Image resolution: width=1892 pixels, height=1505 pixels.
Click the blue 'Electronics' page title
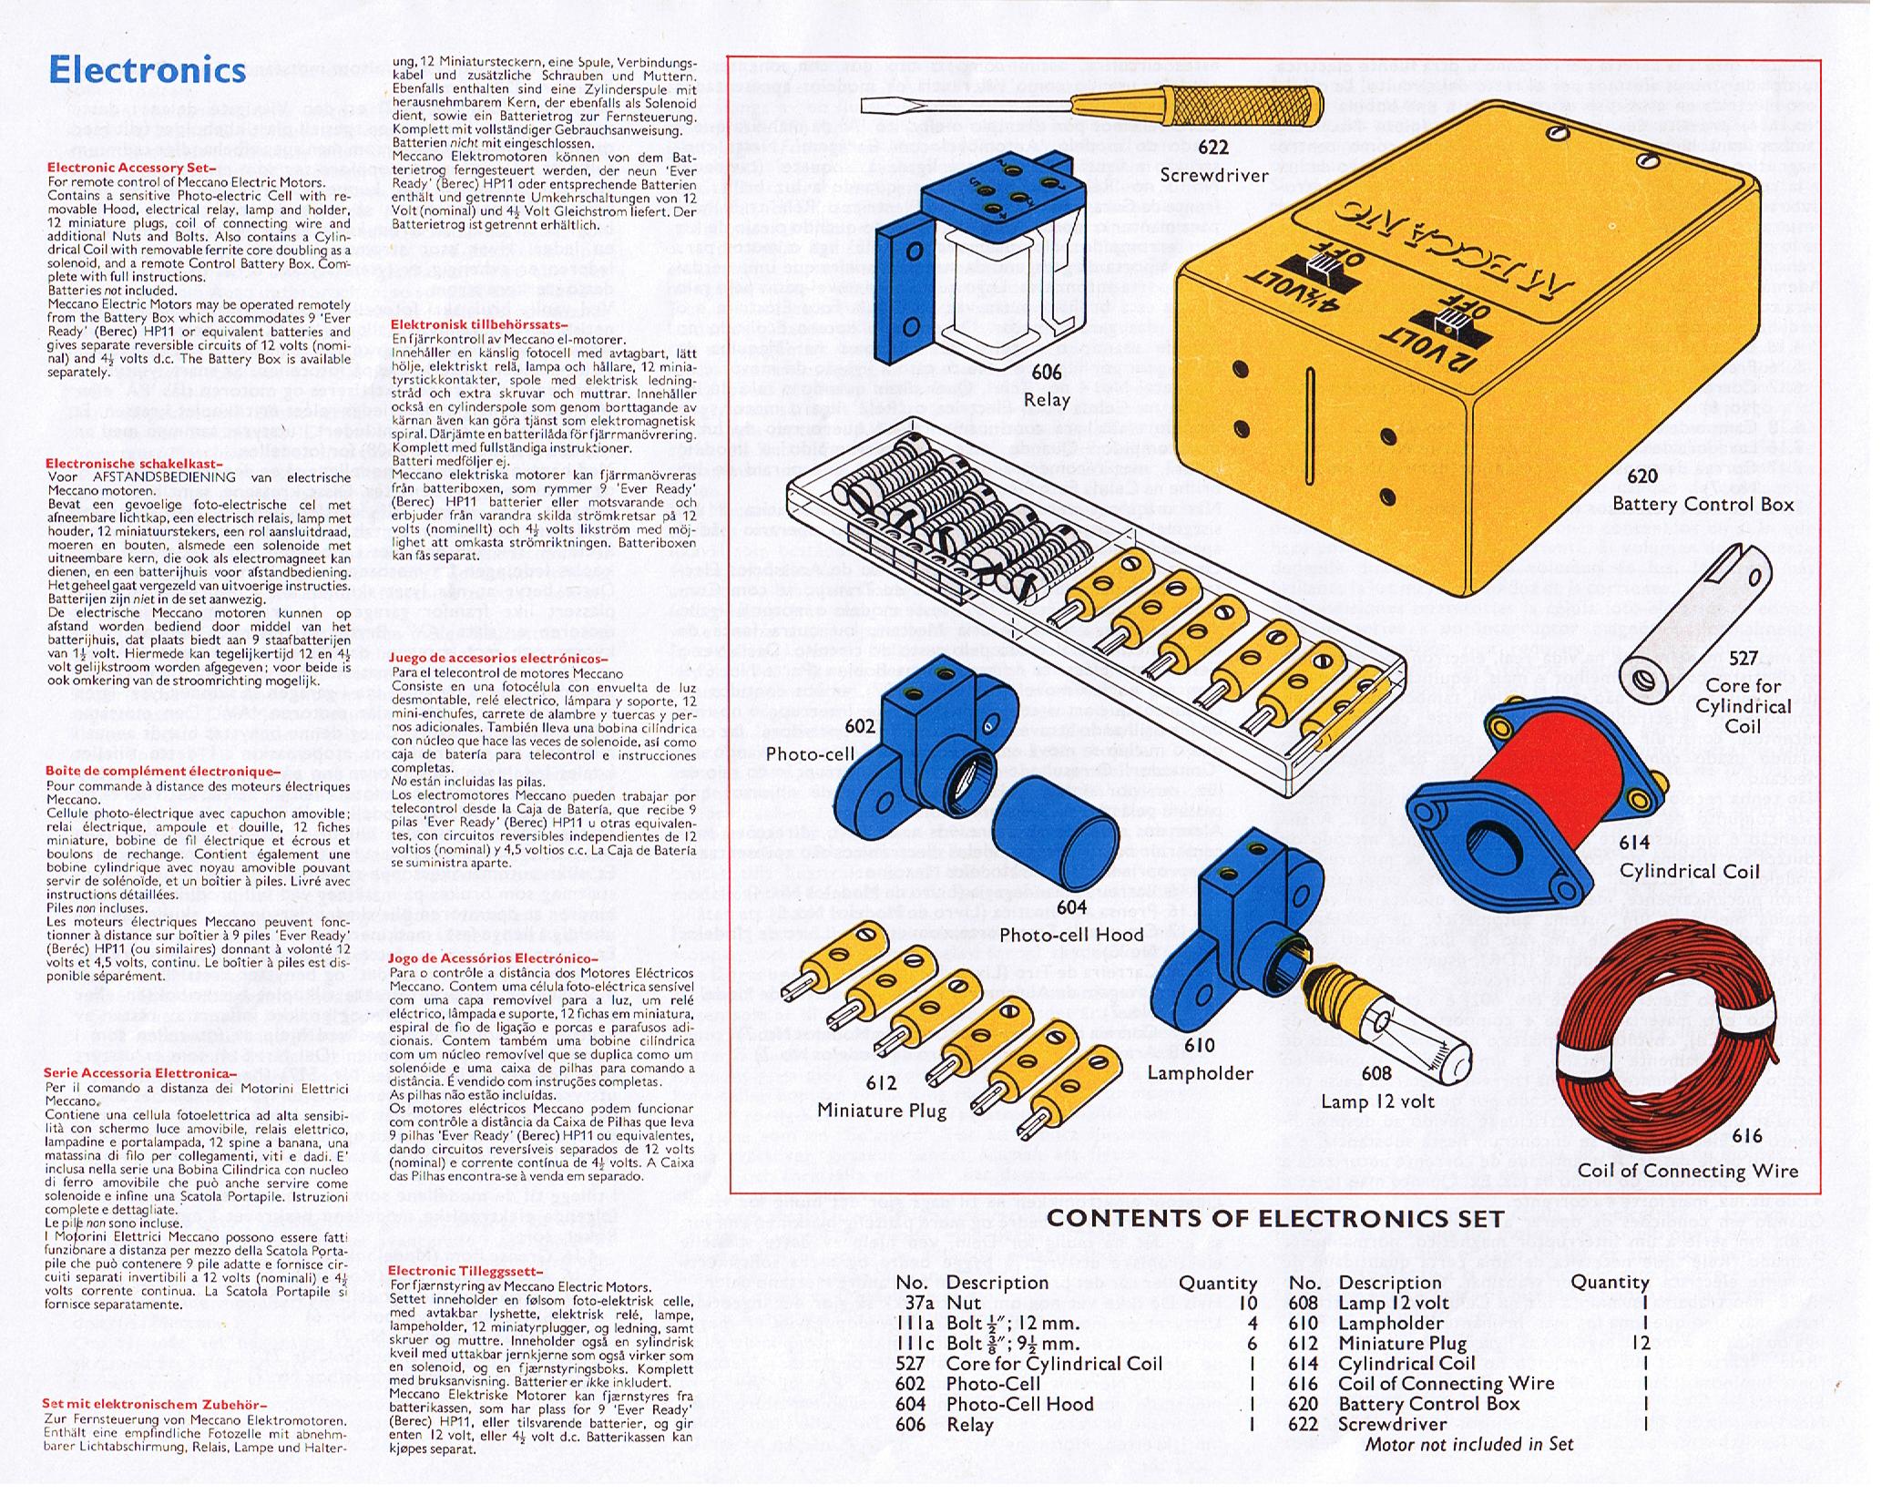tap(147, 70)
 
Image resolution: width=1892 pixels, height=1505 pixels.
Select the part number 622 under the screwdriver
tap(1212, 148)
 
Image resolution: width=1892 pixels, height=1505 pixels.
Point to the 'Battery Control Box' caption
tap(1703, 504)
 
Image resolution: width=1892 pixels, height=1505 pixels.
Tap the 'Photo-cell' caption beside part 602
tap(810, 754)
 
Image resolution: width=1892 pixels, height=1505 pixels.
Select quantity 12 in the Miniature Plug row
tap(1641, 1343)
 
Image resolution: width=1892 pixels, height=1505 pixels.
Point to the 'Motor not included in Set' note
tap(1468, 1444)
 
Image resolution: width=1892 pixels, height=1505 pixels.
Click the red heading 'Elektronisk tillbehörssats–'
tap(479, 324)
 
